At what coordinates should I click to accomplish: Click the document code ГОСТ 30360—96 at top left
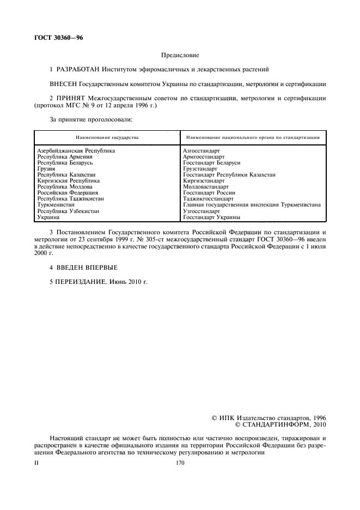click(58, 38)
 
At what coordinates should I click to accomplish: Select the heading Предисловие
click(180, 55)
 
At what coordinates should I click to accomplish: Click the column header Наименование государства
click(107, 137)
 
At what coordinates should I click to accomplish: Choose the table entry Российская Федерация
click(68, 193)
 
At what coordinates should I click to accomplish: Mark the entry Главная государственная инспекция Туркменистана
click(252, 205)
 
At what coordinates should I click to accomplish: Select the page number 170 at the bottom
click(180, 463)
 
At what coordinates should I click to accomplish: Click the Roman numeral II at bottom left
click(36, 463)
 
